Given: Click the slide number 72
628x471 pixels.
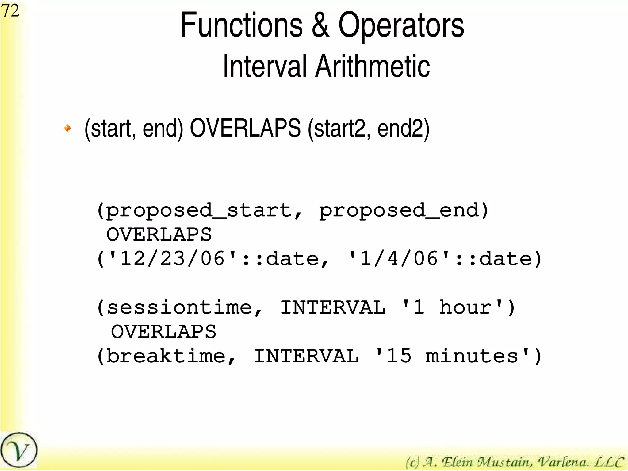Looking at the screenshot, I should point(10,11).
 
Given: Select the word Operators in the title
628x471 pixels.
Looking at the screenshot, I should point(401,26).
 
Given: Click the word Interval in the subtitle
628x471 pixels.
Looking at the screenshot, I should point(264,66).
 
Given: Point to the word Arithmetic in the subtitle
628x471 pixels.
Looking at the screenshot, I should point(373,66).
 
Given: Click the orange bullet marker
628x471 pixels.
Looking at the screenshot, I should point(67,128).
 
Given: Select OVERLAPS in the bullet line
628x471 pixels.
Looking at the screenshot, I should point(245,128).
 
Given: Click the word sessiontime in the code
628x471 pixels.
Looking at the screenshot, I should point(179,308).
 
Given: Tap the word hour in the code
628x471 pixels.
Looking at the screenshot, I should point(465,308).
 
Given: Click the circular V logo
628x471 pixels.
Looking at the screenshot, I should point(19,450).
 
